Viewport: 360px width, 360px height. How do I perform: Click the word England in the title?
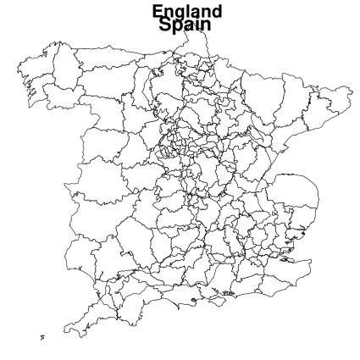click(x=187, y=12)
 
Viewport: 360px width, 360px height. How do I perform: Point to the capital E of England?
click(x=158, y=12)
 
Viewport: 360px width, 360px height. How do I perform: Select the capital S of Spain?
click(x=163, y=25)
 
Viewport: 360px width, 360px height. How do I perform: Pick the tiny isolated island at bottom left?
click(x=42, y=337)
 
